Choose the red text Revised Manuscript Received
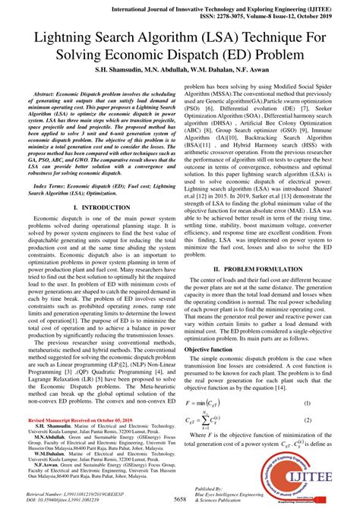72,420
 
